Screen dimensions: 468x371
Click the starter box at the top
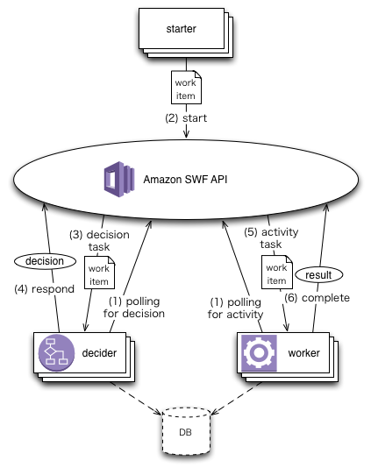[181, 30]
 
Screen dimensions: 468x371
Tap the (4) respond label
[47, 287]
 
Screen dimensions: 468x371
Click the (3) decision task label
[99, 241]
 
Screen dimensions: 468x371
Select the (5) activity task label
[275, 239]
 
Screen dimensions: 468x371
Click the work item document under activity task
[275, 273]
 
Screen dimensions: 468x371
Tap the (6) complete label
[316, 298]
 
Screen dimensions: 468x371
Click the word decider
[99, 353]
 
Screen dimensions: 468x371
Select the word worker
[303, 352]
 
